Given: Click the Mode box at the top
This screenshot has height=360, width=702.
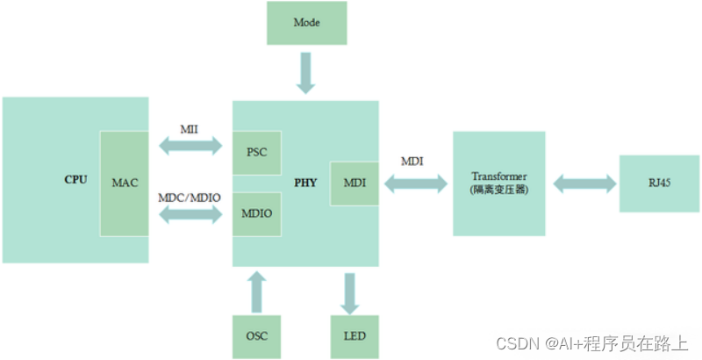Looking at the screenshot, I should click(306, 23).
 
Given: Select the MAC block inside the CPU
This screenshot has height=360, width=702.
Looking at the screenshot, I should click(125, 184).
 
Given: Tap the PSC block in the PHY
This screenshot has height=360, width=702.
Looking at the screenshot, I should click(256, 151).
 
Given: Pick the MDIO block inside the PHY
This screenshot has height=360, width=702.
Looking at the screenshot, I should click(256, 213).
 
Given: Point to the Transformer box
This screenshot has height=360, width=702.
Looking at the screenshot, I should click(498, 183).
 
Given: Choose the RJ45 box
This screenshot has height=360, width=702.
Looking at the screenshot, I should click(659, 183).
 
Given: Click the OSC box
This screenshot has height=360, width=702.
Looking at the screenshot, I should click(256, 336).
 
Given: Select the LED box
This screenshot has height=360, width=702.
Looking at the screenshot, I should click(355, 336).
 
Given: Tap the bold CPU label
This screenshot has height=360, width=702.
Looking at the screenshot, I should click(75, 180).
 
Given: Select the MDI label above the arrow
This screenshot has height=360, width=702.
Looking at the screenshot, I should click(412, 162).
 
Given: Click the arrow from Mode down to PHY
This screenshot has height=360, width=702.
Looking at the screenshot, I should click(306, 72).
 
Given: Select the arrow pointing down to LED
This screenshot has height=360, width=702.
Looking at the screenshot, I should click(350, 292).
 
